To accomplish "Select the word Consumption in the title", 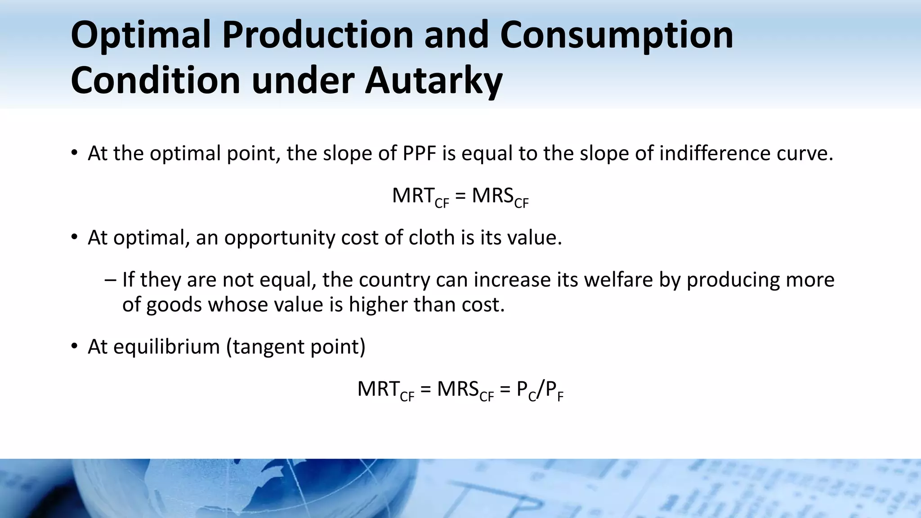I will coord(617,35).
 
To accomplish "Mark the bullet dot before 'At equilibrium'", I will coord(75,347).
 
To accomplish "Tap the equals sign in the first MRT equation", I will coord(460,196).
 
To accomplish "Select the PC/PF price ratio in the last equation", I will coord(540,390).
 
